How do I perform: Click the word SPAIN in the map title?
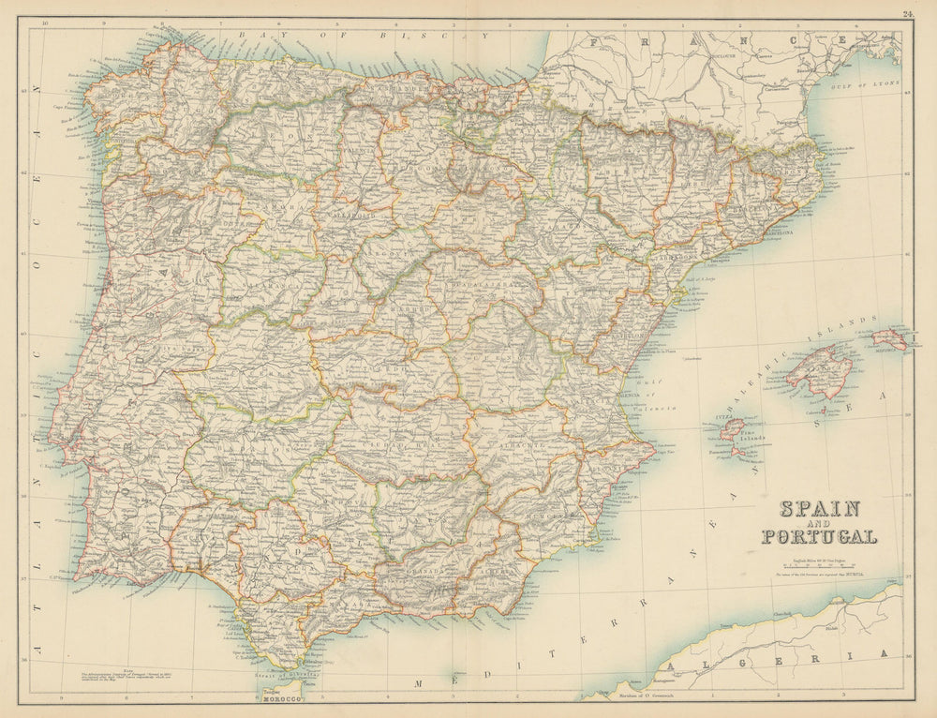tap(820, 510)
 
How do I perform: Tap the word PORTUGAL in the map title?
tap(820, 538)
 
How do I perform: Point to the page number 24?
tap(908, 13)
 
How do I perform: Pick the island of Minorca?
tap(890, 338)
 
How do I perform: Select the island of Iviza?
tap(732, 430)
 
